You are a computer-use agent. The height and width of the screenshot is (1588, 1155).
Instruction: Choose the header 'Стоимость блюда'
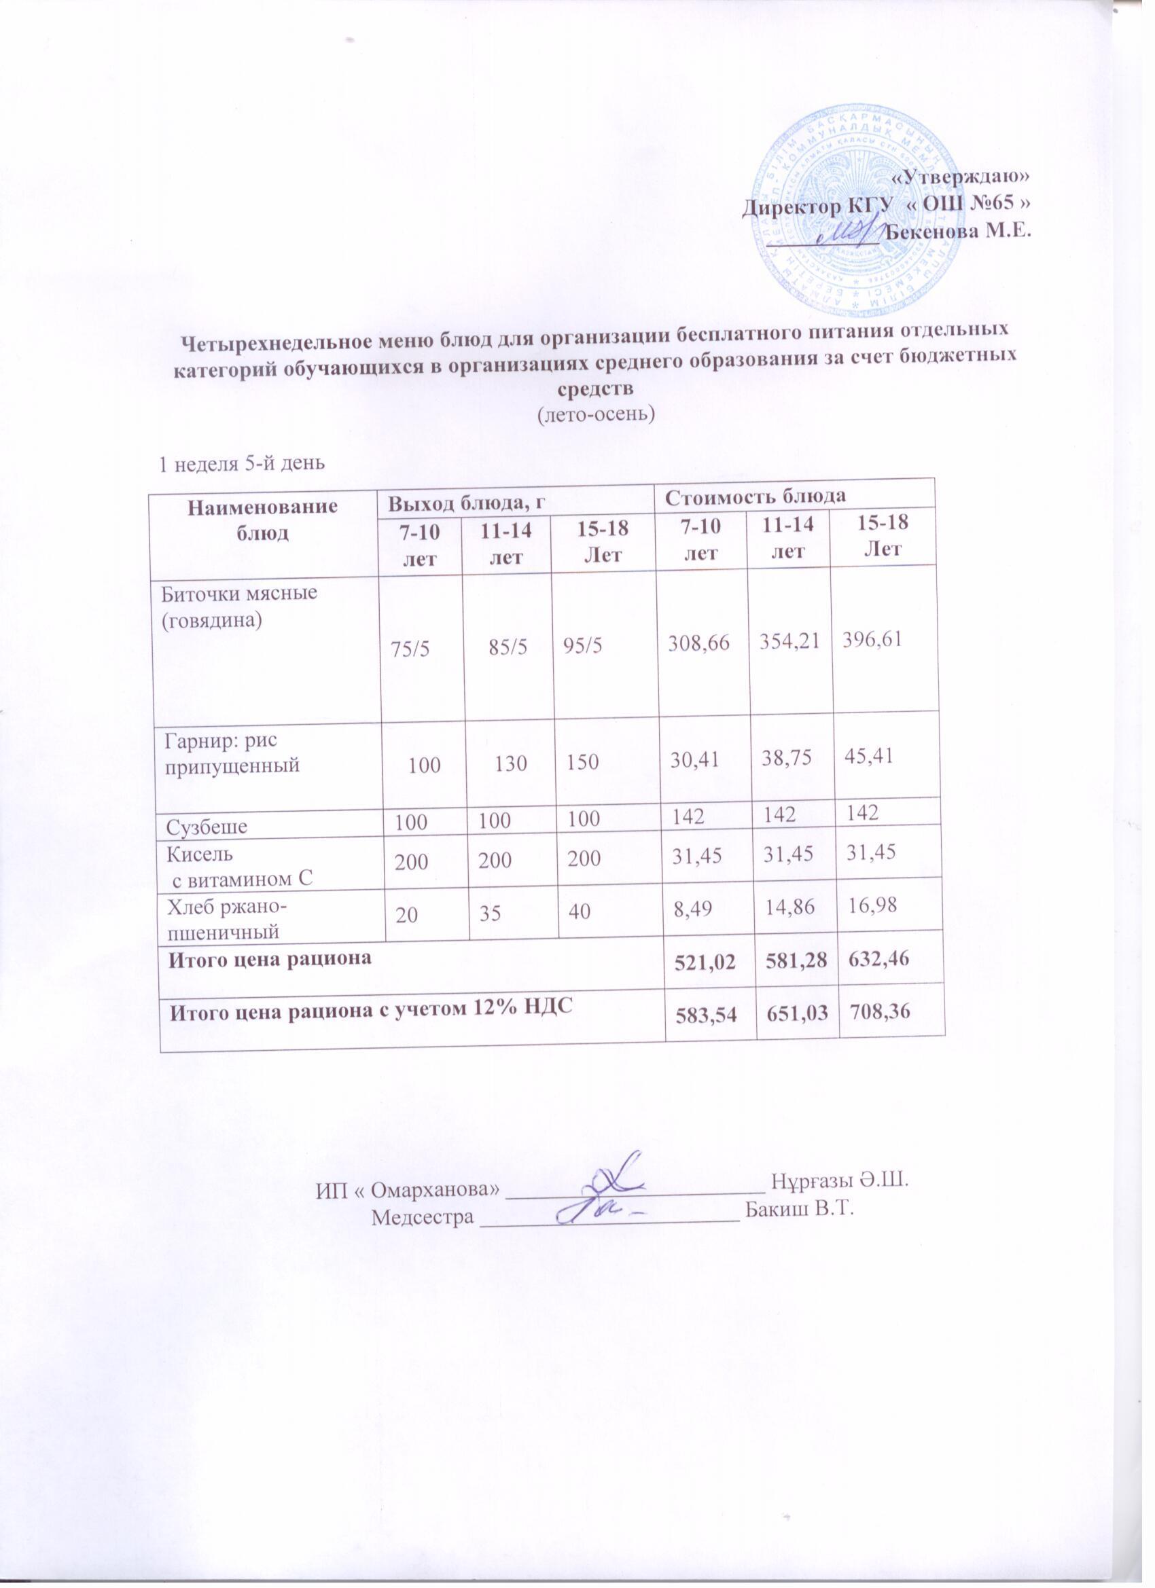[756, 497]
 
